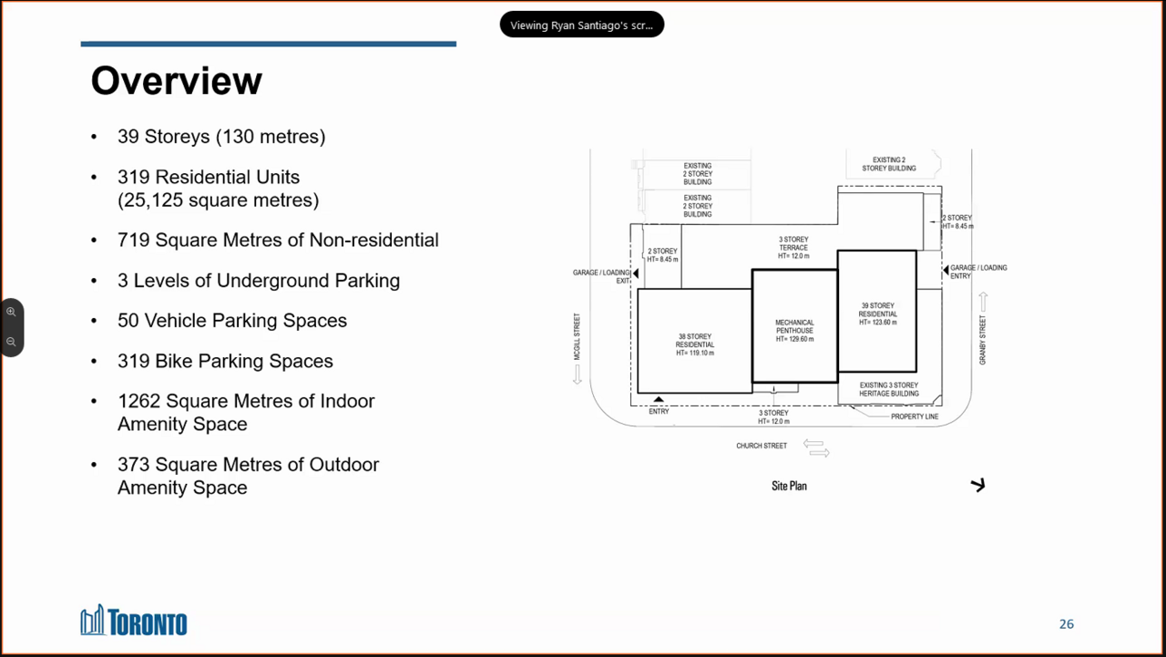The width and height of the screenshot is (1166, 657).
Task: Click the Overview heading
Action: (177, 81)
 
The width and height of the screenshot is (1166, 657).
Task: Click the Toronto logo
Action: (134, 621)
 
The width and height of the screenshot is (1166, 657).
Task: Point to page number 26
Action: (1066, 623)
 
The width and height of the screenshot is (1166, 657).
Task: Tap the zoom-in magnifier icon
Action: (11, 312)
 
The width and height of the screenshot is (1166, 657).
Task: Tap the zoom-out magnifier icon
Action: (11, 342)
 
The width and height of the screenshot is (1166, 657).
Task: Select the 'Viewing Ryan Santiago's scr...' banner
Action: (581, 25)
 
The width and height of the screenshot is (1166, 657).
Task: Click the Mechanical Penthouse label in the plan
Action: (794, 331)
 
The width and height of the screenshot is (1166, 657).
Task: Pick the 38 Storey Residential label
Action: (695, 344)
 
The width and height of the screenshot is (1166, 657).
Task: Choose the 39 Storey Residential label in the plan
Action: (877, 314)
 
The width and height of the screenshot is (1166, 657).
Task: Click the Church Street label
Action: (762, 446)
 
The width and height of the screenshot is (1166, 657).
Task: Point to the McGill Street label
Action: (577, 336)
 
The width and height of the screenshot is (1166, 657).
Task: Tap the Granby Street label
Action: (982, 340)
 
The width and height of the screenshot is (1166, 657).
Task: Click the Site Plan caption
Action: (789, 486)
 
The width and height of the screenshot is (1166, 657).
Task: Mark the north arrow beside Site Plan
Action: (978, 485)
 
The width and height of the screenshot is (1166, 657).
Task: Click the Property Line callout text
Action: (915, 416)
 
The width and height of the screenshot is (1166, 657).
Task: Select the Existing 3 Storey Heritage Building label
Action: (888, 389)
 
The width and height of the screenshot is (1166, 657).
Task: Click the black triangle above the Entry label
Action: (659, 399)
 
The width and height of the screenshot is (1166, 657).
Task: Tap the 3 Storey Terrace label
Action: (793, 248)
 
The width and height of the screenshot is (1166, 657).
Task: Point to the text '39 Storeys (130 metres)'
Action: (221, 137)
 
